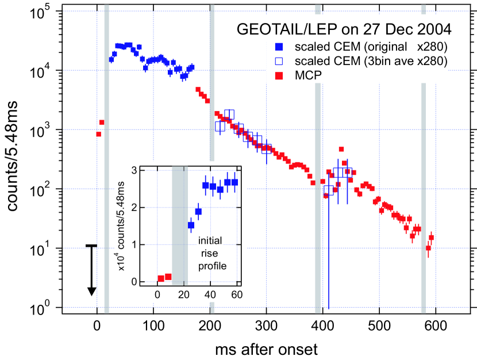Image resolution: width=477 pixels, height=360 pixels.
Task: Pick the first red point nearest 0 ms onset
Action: click(x=99, y=134)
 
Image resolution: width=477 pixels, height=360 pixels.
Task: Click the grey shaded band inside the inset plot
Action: click(x=180, y=224)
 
